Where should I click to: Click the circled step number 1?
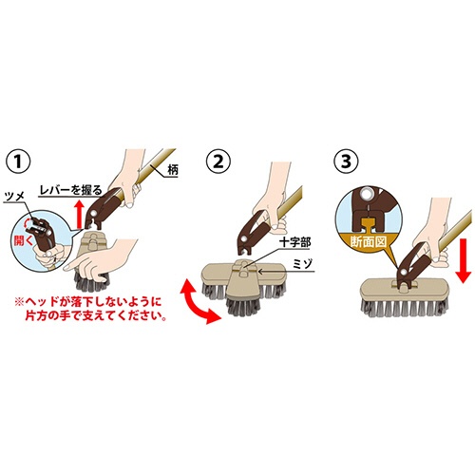(18, 161)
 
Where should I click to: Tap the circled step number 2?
(218, 161)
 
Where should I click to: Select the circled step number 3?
(347, 161)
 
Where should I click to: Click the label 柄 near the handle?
(173, 170)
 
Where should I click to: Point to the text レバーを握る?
(70, 190)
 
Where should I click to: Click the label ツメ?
(14, 197)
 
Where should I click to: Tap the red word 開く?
(23, 240)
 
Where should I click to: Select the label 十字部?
(294, 243)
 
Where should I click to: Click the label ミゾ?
(302, 263)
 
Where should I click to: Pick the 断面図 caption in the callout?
(369, 242)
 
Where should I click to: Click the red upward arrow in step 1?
(80, 214)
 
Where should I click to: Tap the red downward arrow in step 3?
(464, 260)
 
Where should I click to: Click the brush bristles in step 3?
(405, 308)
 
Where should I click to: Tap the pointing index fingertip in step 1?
(66, 268)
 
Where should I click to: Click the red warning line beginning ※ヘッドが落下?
(88, 301)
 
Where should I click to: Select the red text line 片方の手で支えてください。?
(96, 316)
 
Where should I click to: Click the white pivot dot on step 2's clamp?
(244, 238)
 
